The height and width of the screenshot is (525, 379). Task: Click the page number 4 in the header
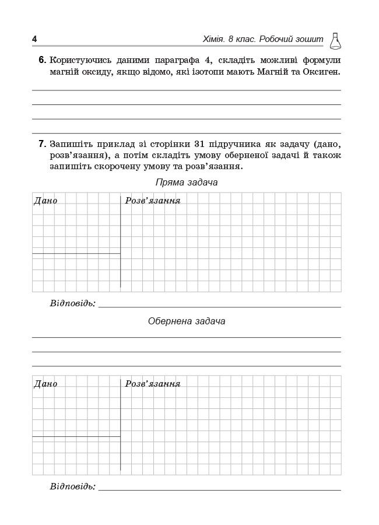click(x=34, y=39)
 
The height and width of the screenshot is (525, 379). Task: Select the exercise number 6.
click(x=42, y=60)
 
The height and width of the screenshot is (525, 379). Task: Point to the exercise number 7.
click(x=42, y=143)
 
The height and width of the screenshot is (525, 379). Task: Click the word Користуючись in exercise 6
click(x=79, y=60)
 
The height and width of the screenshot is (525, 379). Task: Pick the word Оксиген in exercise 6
click(x=321, y=72)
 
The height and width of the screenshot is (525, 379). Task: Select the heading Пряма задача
click(x=187, y=183)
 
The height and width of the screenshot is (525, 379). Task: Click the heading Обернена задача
click(x=187, y=321)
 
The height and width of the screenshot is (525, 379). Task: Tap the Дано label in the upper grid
click(x=45, y=201)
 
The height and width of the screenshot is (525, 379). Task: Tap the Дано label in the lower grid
click(x=45, y=384)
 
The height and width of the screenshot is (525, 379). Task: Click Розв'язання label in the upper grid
click(x=153, y=201)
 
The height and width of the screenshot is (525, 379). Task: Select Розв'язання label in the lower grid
click(x=153, y=384)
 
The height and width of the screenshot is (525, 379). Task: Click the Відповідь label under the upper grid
click(x=73, y=303)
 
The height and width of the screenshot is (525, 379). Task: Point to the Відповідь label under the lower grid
click(x=73, y=487)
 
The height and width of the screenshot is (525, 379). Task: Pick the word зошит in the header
click(x=308, y=39)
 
